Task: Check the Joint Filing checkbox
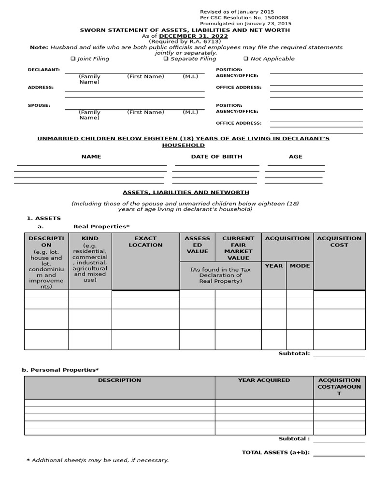(73, 59)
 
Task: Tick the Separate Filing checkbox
(166, 59)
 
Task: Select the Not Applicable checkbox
(246, 59)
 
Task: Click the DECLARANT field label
(43, 70)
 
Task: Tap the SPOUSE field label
(39, 105)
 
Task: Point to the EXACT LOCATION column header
(145, 242)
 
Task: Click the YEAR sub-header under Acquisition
(274, 266)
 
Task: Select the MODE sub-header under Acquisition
(300, 266)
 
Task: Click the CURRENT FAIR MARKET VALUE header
(238, 248)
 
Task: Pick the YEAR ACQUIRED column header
(264, 380)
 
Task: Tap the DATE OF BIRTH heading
(217, 157)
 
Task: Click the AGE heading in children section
(296, 157)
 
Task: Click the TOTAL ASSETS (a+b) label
(275, 453)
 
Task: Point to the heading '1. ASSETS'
(43, 218)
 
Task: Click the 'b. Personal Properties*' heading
(60, 370)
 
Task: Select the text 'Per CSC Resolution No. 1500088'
(244, 18)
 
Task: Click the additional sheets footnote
(98, 460)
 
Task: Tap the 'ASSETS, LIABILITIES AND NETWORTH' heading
(185, 192)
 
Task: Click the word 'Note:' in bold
(39, 47)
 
